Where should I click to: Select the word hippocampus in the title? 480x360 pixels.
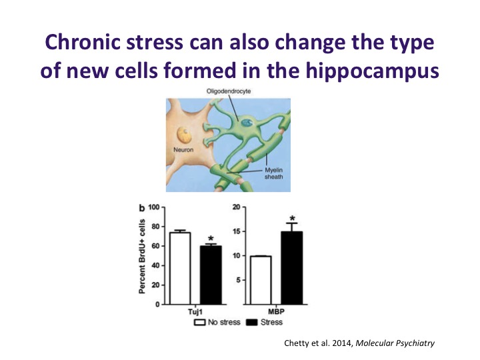click(x=372, y=71)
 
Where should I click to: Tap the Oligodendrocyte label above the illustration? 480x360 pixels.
click(x=229, y=91)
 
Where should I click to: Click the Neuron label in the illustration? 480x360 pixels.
click(x=183, y=150)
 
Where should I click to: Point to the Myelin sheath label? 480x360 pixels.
click(x=274, y=173)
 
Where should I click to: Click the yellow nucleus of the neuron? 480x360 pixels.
click(x=184, y=135)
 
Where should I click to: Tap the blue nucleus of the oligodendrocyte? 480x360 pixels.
click(x=247, y=123)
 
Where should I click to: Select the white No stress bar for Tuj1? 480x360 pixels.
click(x=180, y=269)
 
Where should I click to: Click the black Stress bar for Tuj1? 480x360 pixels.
click(x=211, y=275)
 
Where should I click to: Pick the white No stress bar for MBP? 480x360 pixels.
click(x=261, y=281)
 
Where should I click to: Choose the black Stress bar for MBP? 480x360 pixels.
click(x=292, y=268)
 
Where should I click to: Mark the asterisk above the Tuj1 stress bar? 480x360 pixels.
click(x=211, y=239)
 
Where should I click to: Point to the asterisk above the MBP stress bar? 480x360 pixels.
click(x=293, y=219)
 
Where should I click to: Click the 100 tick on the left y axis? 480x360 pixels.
click(x=154, y=207)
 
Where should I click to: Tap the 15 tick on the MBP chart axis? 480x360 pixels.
click(x=237, y=231)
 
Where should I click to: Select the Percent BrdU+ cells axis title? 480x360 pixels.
click(x=142, y=256)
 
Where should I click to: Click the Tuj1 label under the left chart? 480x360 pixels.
click(x=195, y=311)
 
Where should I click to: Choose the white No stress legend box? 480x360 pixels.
click(x=199, y=323)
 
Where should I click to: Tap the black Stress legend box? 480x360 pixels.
click(x=252, y=323)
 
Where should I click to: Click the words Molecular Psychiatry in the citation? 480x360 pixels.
click(x=395, y=343)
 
